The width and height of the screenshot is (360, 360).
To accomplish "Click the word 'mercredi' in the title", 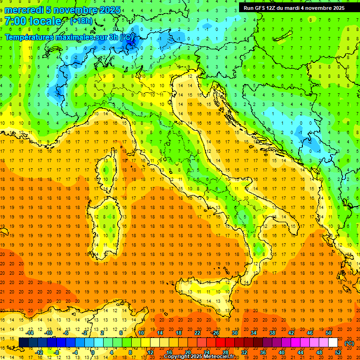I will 25,10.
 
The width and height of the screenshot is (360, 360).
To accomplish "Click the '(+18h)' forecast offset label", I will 81,21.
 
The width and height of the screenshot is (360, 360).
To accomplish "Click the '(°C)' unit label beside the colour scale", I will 349,343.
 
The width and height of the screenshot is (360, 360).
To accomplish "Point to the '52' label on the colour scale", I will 338,352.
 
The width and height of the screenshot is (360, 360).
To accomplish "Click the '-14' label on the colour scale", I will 30,333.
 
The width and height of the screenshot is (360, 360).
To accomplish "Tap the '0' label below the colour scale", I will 93,352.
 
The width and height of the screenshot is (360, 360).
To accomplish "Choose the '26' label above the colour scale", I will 216,333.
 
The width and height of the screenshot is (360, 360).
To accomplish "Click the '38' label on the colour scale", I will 272,333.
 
